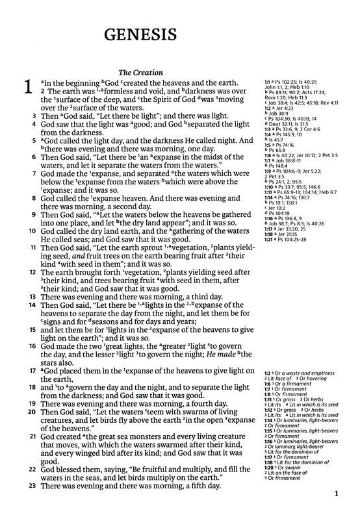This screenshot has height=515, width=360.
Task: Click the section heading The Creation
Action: [x=140, y=73]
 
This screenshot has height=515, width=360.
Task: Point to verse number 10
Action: [x=25, y=230]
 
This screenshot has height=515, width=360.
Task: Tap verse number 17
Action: [x=25, y=370]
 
